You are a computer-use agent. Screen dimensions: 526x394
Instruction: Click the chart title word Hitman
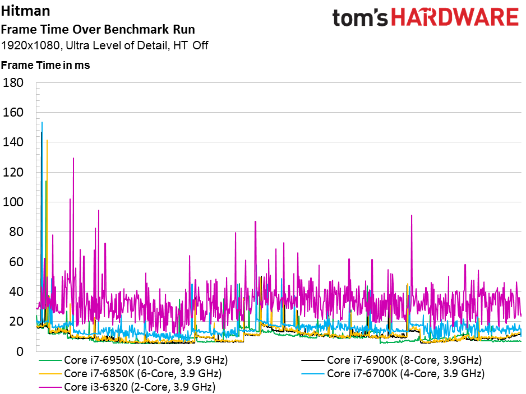(x=25, y=11)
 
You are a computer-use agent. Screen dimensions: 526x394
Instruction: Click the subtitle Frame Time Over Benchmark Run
(x=98, y=30)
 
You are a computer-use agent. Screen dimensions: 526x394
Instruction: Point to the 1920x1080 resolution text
(x=30, y=45)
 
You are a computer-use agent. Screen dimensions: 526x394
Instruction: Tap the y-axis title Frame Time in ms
(x=45, y=65)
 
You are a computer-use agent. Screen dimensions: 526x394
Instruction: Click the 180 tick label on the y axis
(x=13, y=83)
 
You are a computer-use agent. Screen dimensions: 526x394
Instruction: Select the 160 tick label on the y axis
(x=13, y=113)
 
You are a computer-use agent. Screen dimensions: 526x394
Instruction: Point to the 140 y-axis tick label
(x=13, y=142)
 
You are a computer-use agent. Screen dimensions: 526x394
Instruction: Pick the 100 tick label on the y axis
(x=13, y=202)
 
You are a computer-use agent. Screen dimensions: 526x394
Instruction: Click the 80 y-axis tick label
(x=16, y=232)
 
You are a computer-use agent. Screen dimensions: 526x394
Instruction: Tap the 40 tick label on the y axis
(x=16, y=292)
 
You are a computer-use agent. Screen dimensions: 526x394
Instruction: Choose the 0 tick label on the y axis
(x=20, y=352)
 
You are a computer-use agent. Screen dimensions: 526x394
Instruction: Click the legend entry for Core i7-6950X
(x=133, y=360)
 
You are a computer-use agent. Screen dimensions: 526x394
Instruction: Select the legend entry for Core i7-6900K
(x=392, y=360)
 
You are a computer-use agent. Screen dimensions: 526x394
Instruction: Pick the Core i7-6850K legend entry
(x=131, y=374)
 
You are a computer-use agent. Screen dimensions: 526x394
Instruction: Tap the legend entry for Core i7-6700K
(x=393, y=374)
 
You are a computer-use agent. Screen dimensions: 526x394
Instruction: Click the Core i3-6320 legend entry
(x=127, y=387)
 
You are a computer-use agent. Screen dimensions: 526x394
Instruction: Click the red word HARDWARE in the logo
(x=455, y=17)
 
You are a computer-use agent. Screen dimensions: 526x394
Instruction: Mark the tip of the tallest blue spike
(x=42, y=122)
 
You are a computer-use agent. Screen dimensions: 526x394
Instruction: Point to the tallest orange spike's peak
(x=47, y=140)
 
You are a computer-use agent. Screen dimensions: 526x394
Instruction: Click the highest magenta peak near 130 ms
(x=73, y=158)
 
